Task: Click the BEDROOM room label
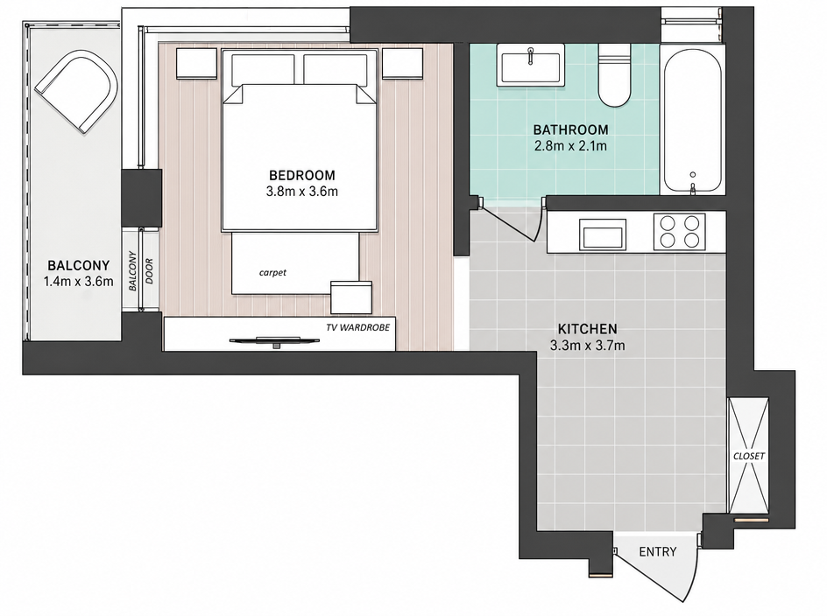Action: tap(301, 175)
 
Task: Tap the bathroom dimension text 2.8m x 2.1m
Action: tap(570, 146)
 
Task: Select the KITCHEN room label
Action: tap(588, 329)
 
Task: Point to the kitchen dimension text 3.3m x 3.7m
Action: tap(588, 346)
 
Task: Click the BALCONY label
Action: tap(79, 265)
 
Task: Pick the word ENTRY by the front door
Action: tap(657, 552)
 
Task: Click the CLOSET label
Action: tap(749, 456)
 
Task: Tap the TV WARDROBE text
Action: tap(357, 327)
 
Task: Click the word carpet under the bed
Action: tap(272, 272)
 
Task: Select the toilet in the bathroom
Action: tap(614, 75)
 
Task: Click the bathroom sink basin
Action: tap(531, 65)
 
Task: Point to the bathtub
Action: tap(692, 121)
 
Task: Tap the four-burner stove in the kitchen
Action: tap(679, 231)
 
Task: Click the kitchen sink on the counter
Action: tap(603, 234)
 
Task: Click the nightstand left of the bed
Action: tap(196, 64)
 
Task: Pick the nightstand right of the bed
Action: tap(402, 64)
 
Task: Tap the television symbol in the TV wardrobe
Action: tap(275, 341)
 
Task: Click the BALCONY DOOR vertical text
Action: tap(141, 271)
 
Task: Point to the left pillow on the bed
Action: tap(263, 69)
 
